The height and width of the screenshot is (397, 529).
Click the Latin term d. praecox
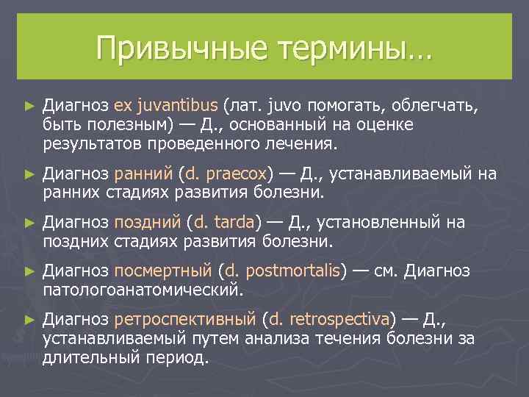point(226,174)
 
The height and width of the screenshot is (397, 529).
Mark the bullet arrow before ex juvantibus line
point(29,107)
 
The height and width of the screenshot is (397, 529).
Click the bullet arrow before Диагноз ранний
point(29,174)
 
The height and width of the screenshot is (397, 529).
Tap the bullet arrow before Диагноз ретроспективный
point(29,319)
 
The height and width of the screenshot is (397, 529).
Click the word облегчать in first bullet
point(441,107)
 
